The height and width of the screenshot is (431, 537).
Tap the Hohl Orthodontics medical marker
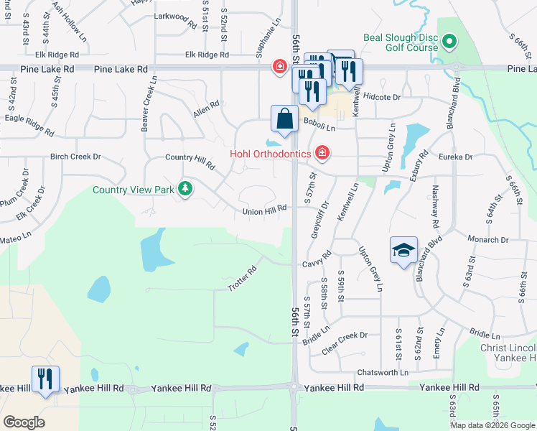tap(322, 154)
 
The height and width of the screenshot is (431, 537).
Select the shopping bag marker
tap(285, 119)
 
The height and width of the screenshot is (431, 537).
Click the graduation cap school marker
tap(403, 251)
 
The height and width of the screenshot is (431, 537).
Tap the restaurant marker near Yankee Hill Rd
tap(45, 379)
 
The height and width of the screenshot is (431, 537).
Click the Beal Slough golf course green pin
tap(449, 42)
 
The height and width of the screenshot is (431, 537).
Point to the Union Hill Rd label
tap(264, 209)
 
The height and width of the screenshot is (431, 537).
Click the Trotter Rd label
tap(242, 279)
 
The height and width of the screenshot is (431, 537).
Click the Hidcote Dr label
tap(381, 96)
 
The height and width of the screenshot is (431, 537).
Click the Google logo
tap(24, 422)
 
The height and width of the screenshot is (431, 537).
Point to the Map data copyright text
tap(492, 425)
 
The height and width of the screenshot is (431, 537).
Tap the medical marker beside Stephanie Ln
tap(279, 67)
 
